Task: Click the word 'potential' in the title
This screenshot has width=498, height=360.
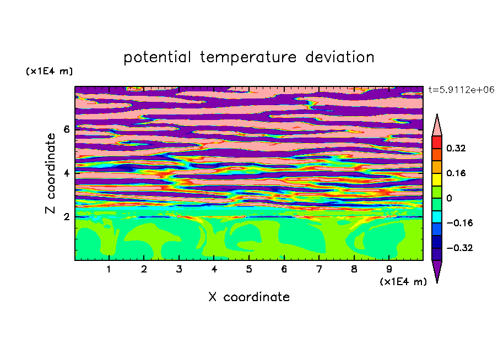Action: click(x=157, y=57)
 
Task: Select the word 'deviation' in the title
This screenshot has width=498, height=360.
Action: click(x=340, y=57)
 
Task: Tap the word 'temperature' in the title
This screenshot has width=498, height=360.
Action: click(x=248, y=58)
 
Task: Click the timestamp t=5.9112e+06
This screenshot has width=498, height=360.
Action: click(x=461, y=90)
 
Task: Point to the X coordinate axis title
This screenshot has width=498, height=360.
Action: click(x=249, y=297)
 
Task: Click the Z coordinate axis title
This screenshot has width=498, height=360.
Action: click(x=50, y=173)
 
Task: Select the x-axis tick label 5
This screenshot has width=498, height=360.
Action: click(x=249, y=269)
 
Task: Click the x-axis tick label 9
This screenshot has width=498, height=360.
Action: click(x=389, y=269)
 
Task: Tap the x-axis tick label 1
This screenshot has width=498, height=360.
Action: click(x=109, y=269)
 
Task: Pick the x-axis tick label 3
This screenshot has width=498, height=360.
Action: click(x=179, y=269)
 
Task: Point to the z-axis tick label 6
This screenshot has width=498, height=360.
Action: click(x=66, y=129)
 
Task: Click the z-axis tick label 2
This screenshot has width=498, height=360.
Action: click(x=66, y=216)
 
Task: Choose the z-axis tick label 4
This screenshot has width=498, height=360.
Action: click(x=66, y=173)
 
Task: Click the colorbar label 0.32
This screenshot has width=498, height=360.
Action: click(x=456, y=148)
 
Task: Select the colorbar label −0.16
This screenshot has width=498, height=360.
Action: click(x=459, y=223)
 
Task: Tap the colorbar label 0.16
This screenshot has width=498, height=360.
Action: click(x=456, y=173)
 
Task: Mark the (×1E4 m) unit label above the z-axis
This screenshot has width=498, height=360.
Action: click(x=49, y=71)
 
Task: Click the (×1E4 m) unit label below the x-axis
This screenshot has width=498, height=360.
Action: click(x=403, y=282)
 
